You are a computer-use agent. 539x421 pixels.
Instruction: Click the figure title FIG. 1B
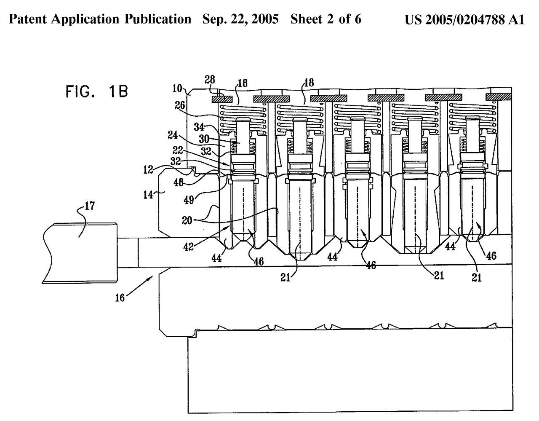point(96,91)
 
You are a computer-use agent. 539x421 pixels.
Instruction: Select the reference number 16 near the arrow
point(120,298)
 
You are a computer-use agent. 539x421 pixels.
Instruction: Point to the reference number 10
point(177,89)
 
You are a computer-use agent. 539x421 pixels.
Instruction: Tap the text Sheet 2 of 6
point(326,20)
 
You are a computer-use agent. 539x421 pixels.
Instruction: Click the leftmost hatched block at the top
point(221,99)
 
